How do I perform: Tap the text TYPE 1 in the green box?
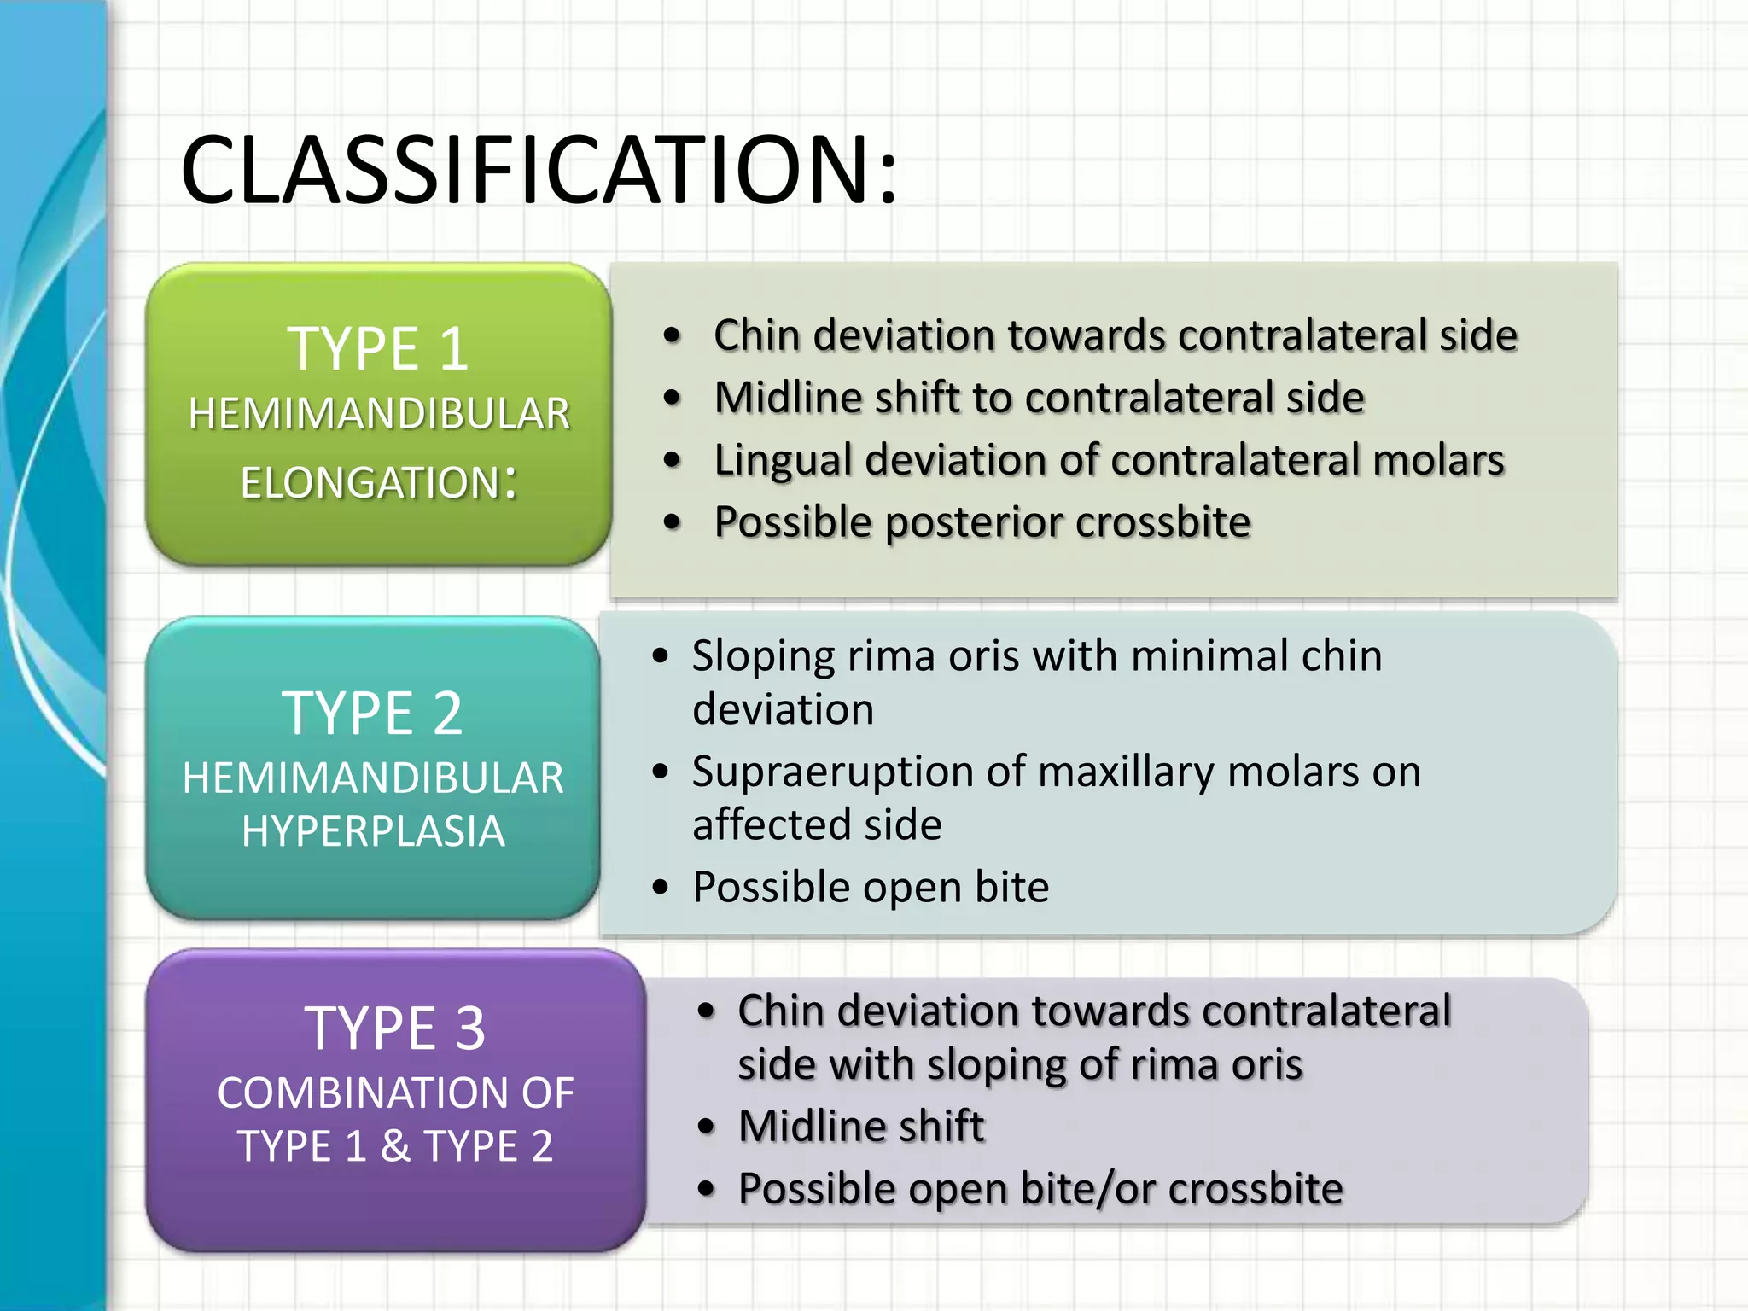coord(378,349)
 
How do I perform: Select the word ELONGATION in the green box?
coord(369,483)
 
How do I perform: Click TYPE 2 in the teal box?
coord(372,714)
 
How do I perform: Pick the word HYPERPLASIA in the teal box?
coord(373,831)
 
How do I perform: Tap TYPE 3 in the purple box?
coord(394,1028)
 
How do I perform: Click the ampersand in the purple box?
coord(394,1145)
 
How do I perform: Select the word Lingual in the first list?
coord(783,461)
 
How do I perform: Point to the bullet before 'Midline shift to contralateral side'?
coord(673,398)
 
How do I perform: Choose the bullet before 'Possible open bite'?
coord(660,888)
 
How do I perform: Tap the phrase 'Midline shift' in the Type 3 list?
coord(860,1126)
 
